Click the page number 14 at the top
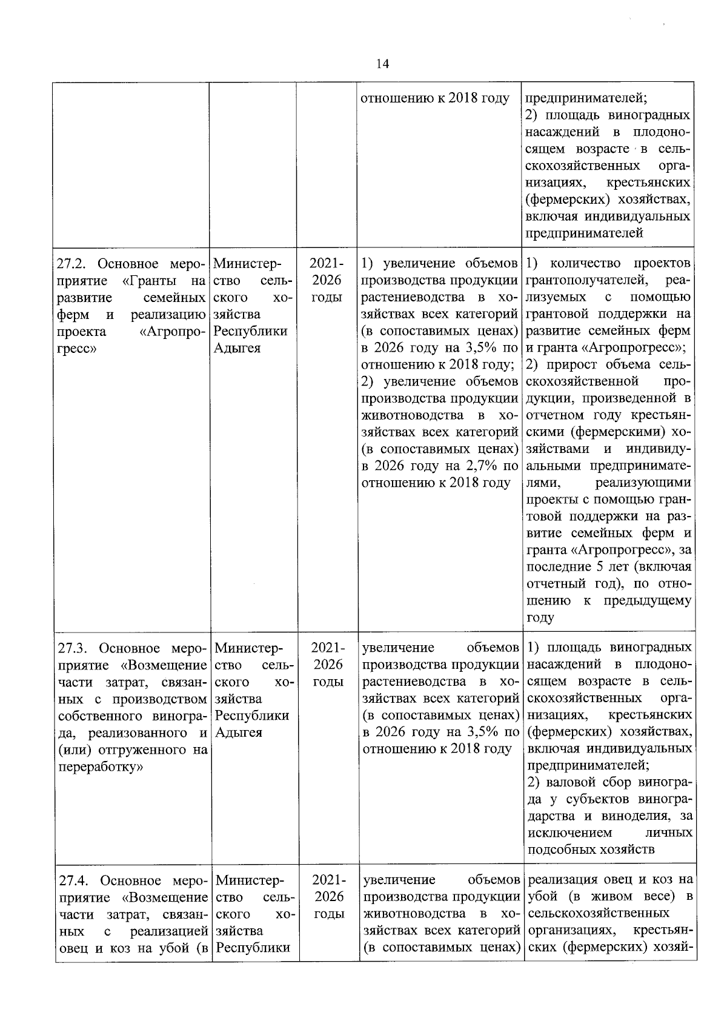pos(382,64)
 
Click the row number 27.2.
pos(73,264)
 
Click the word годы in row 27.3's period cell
pos(328,682)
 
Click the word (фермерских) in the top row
pos(564,199)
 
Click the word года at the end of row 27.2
pos(540,618)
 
